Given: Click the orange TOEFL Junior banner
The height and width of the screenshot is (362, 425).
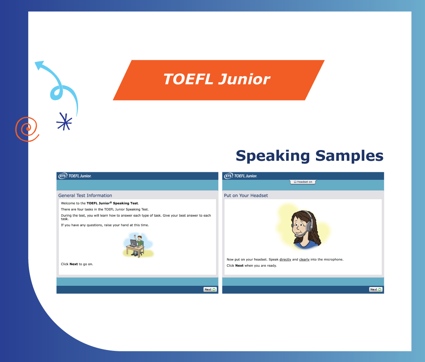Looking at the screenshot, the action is pyautogui.click(x=218, y=80).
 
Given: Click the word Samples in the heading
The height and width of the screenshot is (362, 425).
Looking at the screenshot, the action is pyautogui.click(x=349, y=156).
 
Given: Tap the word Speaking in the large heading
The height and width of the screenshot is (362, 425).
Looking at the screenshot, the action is pyautogui.click(x=273, y=156).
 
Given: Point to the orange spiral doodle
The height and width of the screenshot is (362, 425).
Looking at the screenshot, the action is pyautogui.click(x=27, y=129).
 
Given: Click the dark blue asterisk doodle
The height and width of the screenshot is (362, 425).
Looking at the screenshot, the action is pyautogui.click(x=64, y=121).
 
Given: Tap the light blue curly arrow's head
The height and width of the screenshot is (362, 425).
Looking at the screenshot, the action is pyautogui.click(x=40, y=65).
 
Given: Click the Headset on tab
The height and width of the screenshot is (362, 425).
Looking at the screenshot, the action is pyautogui.click(x=303, y=182).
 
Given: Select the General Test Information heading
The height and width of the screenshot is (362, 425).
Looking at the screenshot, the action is pyautogui.click(x=85, y=195).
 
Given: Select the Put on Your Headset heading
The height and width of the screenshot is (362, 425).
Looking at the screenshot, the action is pyautogui.click(x=246, y=195).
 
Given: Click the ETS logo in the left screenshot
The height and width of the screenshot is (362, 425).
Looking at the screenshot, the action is pyautogui.click(x=63, y=176).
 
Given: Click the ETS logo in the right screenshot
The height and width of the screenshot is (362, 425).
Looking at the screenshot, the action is pyautogui.click(x=228, y=176).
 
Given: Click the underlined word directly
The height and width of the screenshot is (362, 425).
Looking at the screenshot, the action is pyautogui.click(x=285, y=260).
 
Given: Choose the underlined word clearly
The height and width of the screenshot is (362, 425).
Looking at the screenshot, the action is pyautogui.click(x=304, y=260).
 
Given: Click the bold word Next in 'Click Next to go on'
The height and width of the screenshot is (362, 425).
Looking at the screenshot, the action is pyautogui.click(x=73, y=264).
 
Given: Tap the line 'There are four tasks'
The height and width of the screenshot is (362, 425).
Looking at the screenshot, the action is pyautogui.click(x=105, y=209).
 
